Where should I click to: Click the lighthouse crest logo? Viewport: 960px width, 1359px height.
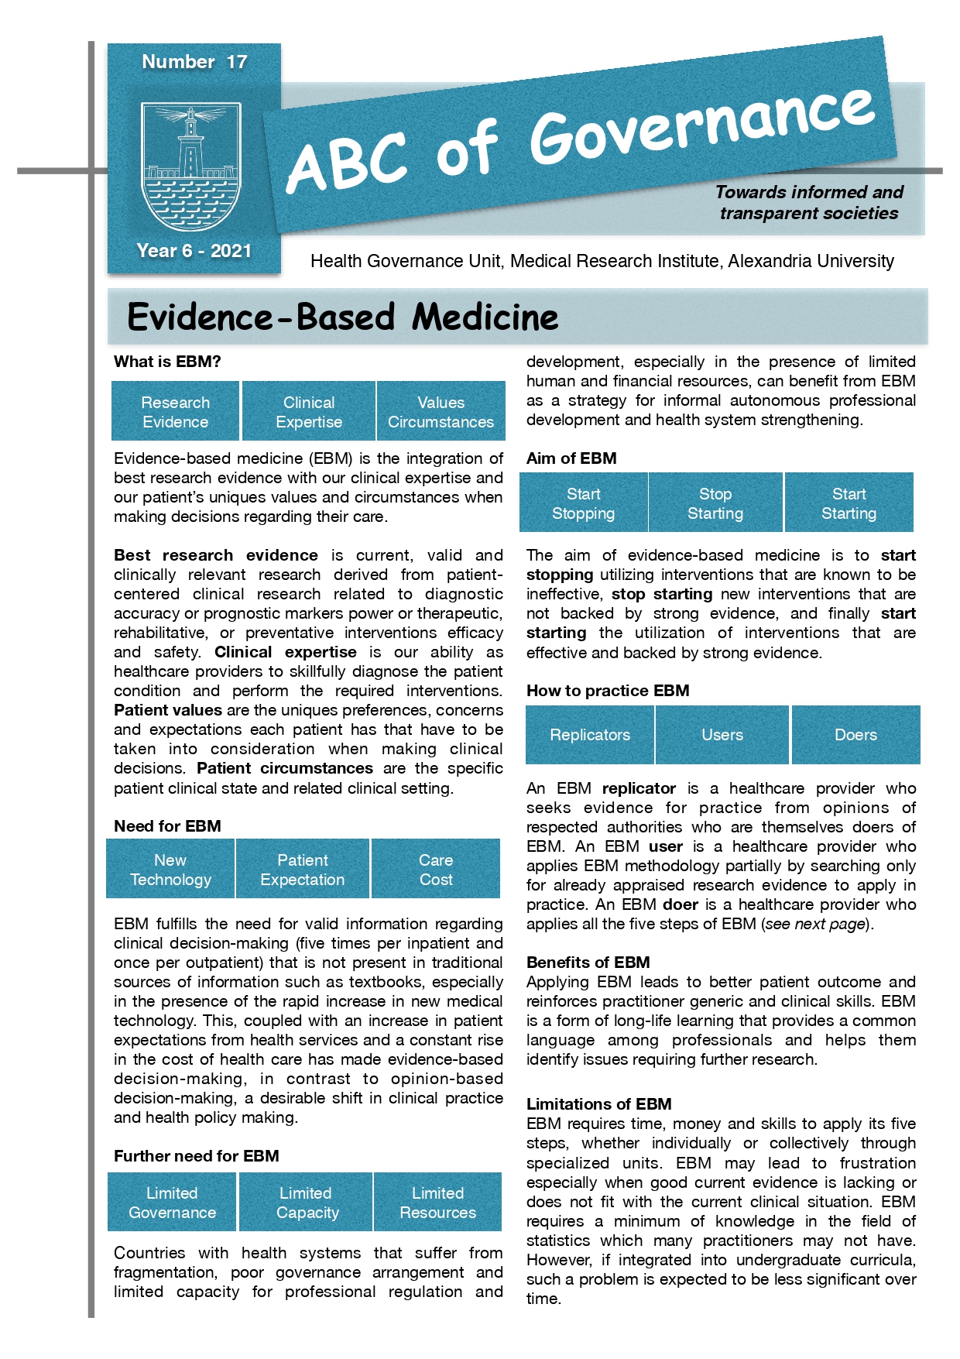coord(191,166)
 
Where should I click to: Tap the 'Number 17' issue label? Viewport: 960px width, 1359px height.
coord(194,62)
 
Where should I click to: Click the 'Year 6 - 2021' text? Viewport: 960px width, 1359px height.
coord(194,251)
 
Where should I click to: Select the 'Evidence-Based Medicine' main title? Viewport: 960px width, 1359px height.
coord(343,317)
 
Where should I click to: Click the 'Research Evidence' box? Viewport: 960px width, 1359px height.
coord(176,412)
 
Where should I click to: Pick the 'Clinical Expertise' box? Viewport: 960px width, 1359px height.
coord(309,412)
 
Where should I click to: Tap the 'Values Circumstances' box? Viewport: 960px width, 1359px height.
coord(441,412)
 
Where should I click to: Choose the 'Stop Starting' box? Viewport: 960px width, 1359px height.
coord(715,503)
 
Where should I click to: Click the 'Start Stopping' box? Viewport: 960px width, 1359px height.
coord(583,503)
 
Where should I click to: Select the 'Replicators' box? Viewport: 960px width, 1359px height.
coord(590,735)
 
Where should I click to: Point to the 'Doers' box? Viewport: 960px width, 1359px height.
coord(855,735)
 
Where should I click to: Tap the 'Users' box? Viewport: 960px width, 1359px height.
coord(722,735)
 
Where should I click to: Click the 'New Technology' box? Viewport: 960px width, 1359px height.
coord(170,870)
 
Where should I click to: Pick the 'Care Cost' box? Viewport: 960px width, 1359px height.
coord(436,870)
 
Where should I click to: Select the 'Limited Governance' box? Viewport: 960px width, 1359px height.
coord(172,1203)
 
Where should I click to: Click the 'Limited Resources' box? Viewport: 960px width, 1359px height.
coord(437,1203)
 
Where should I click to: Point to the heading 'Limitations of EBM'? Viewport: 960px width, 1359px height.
coord(598,1104)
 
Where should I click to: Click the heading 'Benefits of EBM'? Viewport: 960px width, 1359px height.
coord(588,963)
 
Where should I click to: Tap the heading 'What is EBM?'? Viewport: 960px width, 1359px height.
coord(167,362)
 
